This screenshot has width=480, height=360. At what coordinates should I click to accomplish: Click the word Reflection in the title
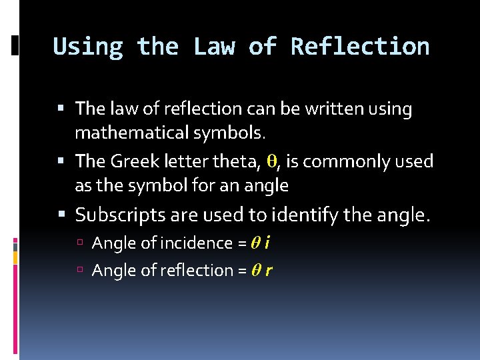360,47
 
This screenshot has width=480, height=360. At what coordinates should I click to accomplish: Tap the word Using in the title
88,47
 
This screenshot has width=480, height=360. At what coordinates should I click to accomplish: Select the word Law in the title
214,47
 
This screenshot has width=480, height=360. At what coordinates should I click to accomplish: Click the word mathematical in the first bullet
132,133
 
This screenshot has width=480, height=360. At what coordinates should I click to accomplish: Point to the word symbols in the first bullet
230,133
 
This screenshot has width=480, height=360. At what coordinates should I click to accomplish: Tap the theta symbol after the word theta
271,161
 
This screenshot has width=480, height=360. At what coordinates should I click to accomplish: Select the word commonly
345,161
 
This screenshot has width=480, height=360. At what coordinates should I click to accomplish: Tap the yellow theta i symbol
260,243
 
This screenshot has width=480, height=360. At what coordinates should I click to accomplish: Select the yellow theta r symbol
262,271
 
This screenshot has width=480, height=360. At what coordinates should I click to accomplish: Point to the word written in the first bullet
328,108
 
